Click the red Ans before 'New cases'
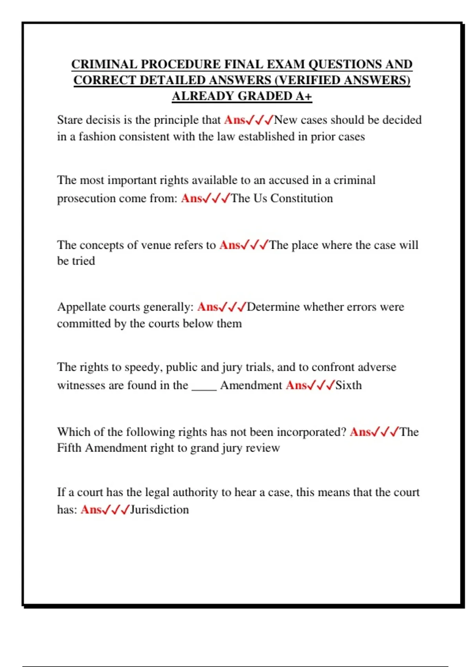tap(234, 120)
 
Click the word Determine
tap(273, 307)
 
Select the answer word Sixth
tap(349, 385)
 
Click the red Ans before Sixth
tap(296, 385)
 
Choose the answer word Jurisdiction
tap(159, 510)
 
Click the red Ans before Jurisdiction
tap(91, 510)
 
